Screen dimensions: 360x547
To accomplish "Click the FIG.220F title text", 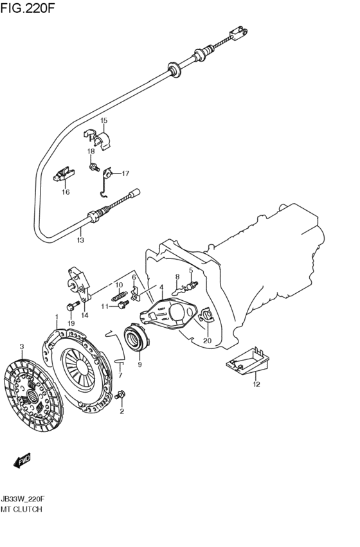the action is [28, 8].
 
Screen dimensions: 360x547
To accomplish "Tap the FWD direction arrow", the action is [22, 460].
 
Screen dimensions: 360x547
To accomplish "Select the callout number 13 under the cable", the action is [80, 240].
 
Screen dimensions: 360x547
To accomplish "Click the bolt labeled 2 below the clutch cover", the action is [120, 395].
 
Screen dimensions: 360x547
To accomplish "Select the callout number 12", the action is [256, 384].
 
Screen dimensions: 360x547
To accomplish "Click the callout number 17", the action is [125, 174].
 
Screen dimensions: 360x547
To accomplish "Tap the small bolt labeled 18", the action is [93, 167].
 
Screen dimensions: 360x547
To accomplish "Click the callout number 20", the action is [207, 341].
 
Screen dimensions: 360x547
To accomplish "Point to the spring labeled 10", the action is [120, 296].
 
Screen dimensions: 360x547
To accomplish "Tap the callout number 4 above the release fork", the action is [161, 287].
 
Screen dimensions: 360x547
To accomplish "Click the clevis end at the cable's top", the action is [239, 33].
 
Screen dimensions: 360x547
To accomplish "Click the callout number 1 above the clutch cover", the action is [56, 316].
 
